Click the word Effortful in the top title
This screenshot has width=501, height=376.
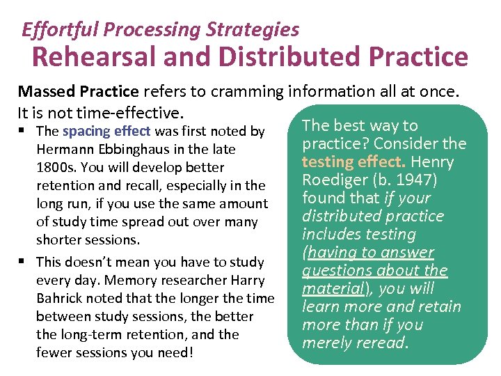(x=52, y=30)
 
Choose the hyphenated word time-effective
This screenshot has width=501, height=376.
(x=127, y=112)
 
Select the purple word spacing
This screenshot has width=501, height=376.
(x=86, y=131)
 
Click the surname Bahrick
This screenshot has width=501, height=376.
(x=58, y=298)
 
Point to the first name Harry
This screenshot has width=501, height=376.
(x=248, y=280)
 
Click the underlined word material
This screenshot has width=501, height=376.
(x=328, y=288)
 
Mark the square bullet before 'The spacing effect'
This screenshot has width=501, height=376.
(x=24, y=131)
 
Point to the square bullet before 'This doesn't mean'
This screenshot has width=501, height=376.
(x=24, y=262)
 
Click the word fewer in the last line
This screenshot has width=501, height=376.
(x=53, y=352)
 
